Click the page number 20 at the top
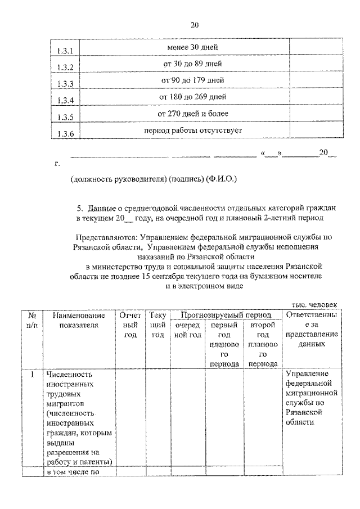pos(195,25)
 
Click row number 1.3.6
pos(66,134)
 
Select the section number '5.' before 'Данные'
pos(80,206)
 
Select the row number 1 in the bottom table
pos(33,373)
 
